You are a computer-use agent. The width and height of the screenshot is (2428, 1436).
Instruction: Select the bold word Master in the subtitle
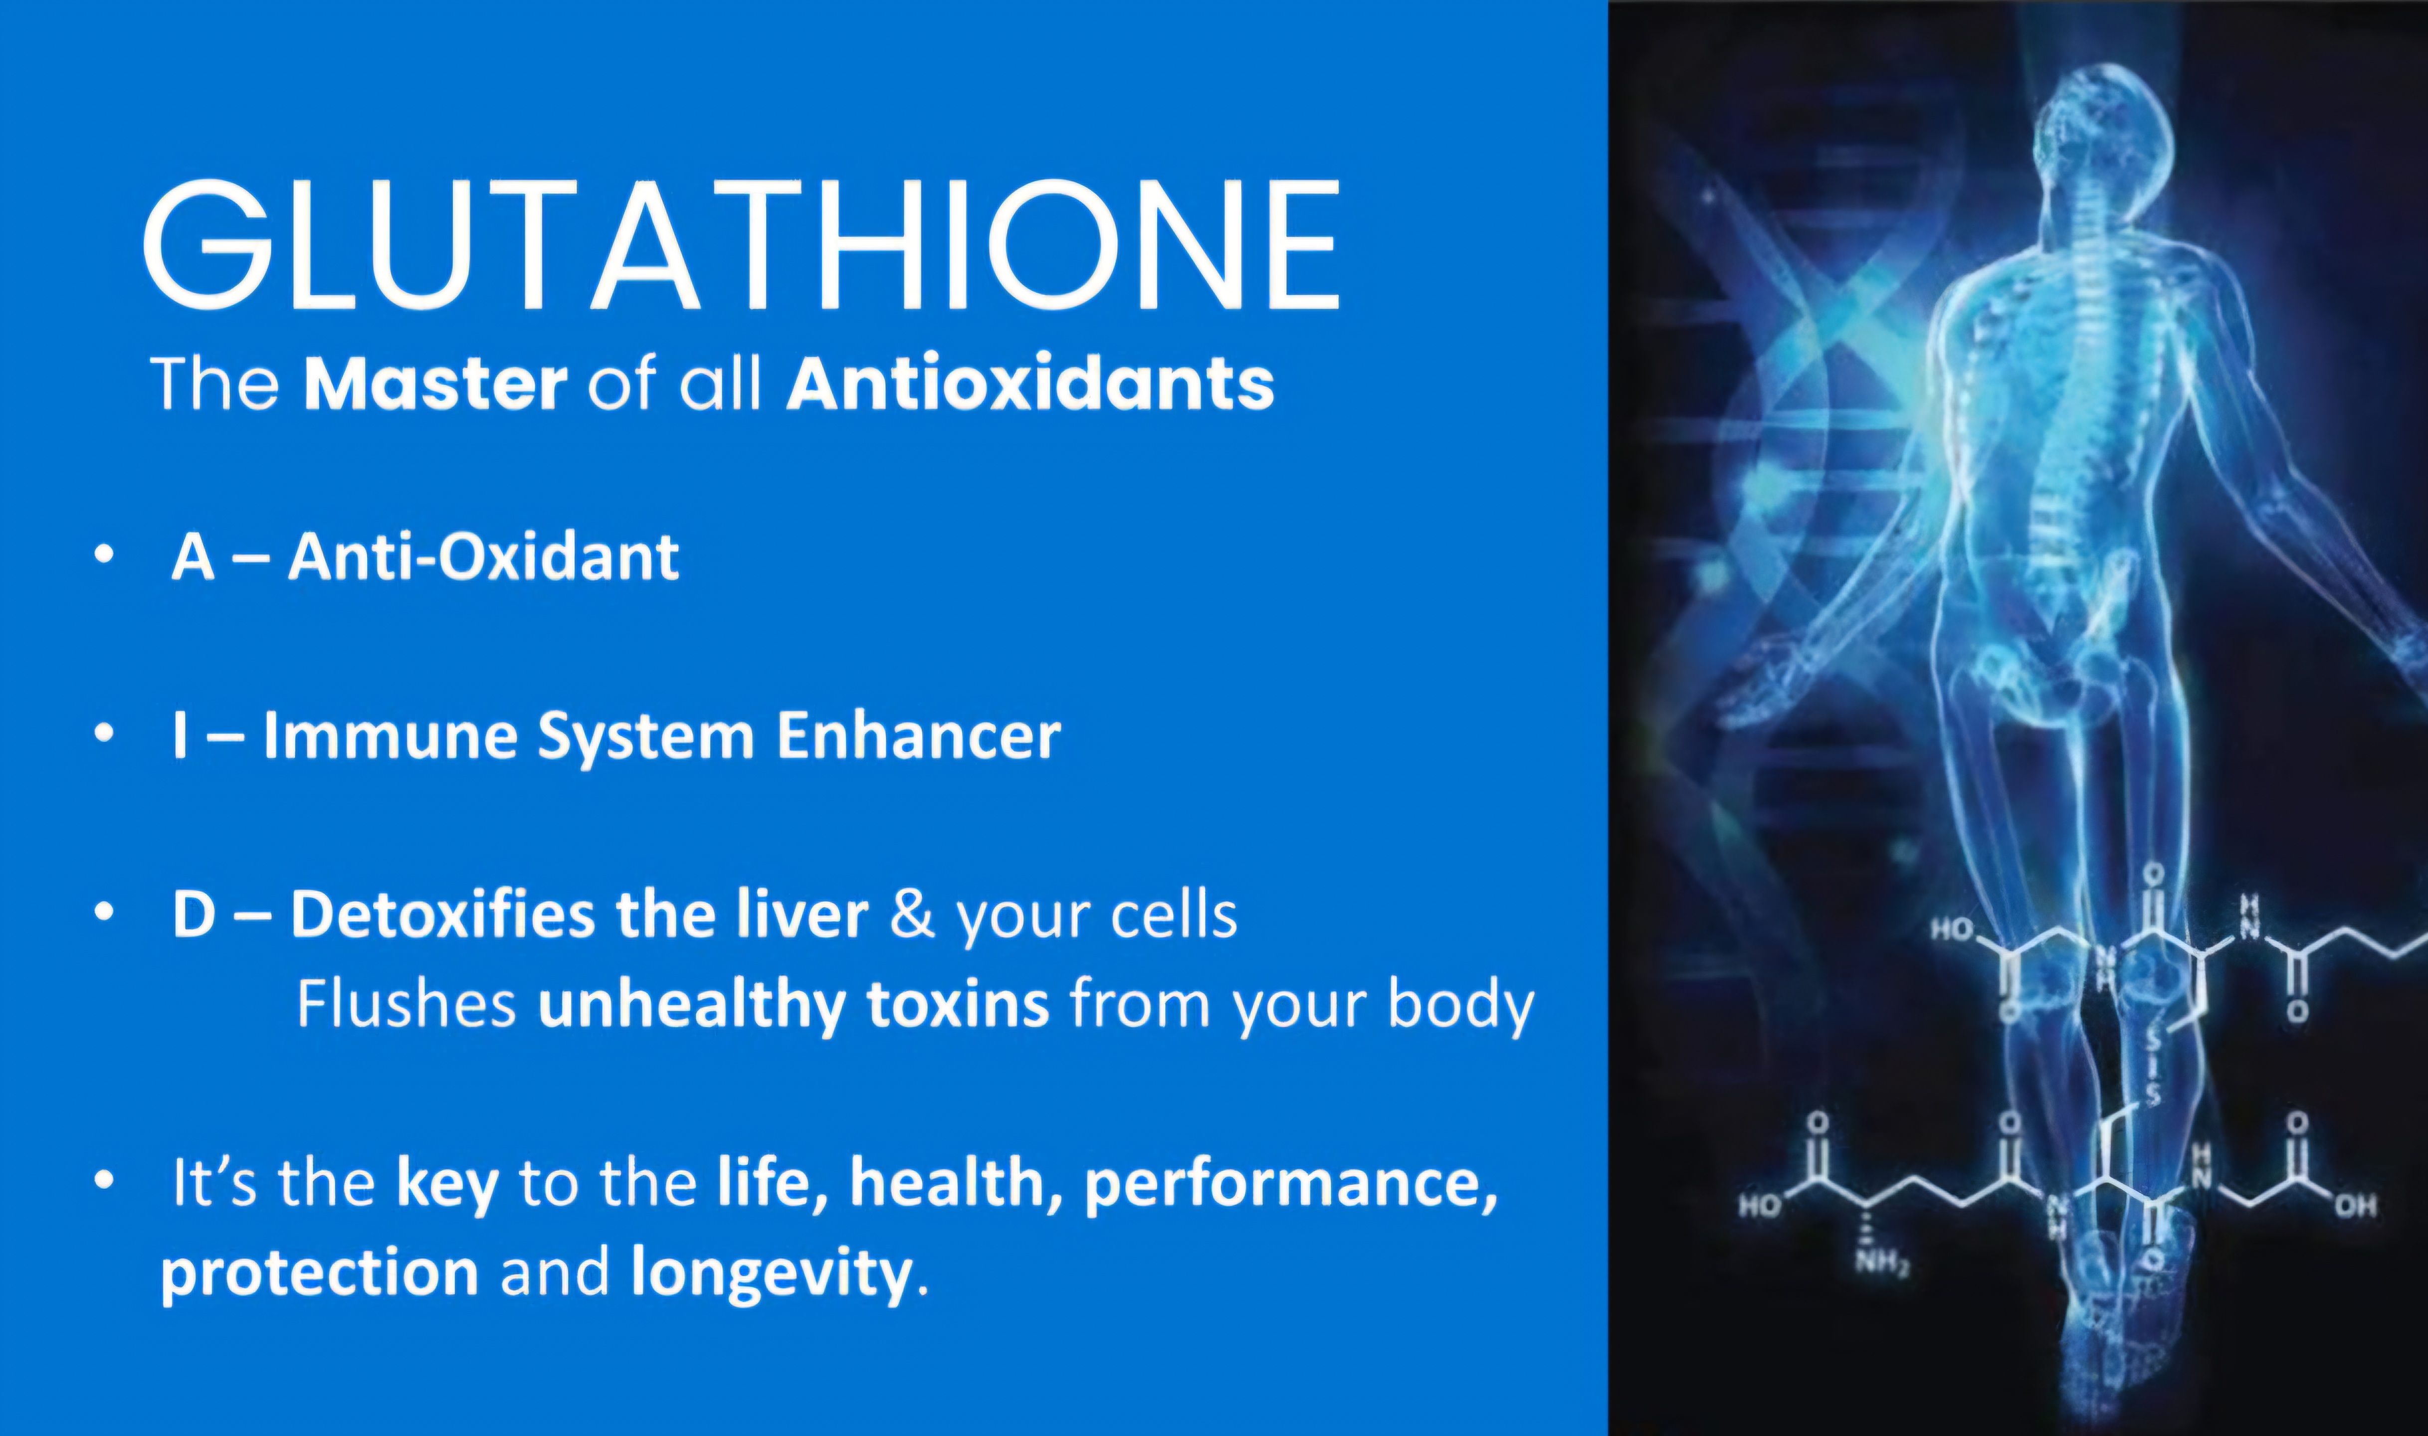coord(434,384)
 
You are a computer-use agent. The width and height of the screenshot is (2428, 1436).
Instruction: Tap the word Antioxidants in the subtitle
coord(1030,384)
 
